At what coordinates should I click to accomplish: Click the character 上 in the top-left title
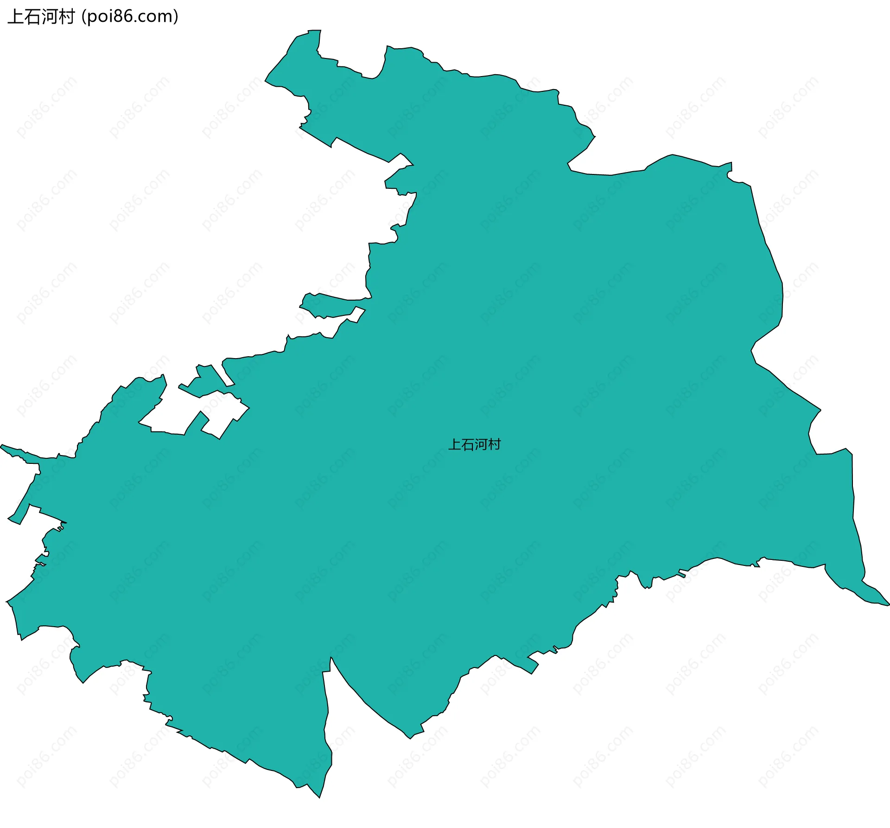(x=15, y=17)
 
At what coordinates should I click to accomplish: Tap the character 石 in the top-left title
(x=32, y=17)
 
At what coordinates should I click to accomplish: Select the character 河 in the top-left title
(x=50, y=17)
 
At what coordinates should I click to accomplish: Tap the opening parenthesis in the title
(x=83, y=17)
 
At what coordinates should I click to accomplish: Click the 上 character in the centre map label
(x=454, y=445)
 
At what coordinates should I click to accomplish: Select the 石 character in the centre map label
(x=467, y=445)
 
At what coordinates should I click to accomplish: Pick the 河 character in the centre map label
(x=481, y=445)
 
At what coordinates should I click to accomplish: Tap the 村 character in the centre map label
(x=494, y=445)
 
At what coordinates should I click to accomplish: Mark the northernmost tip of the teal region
(x=315, y=31)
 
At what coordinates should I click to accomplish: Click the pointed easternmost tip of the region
(x=888, y=605)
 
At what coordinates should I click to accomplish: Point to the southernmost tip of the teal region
(x=319, y=797)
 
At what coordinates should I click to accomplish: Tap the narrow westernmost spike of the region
(x=2, y=446)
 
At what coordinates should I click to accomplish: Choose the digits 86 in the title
(x=121, y=17)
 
